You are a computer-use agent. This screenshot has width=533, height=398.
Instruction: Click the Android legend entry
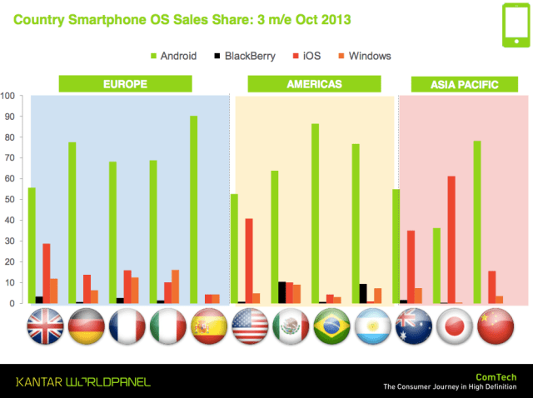173,56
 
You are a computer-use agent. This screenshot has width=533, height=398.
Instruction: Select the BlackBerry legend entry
242,56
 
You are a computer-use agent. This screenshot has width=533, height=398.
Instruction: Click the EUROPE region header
125,84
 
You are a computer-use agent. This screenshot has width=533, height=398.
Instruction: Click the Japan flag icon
451,326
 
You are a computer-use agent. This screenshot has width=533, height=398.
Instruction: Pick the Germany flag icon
85,326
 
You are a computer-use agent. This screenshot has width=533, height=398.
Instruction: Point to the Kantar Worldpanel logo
83,382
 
